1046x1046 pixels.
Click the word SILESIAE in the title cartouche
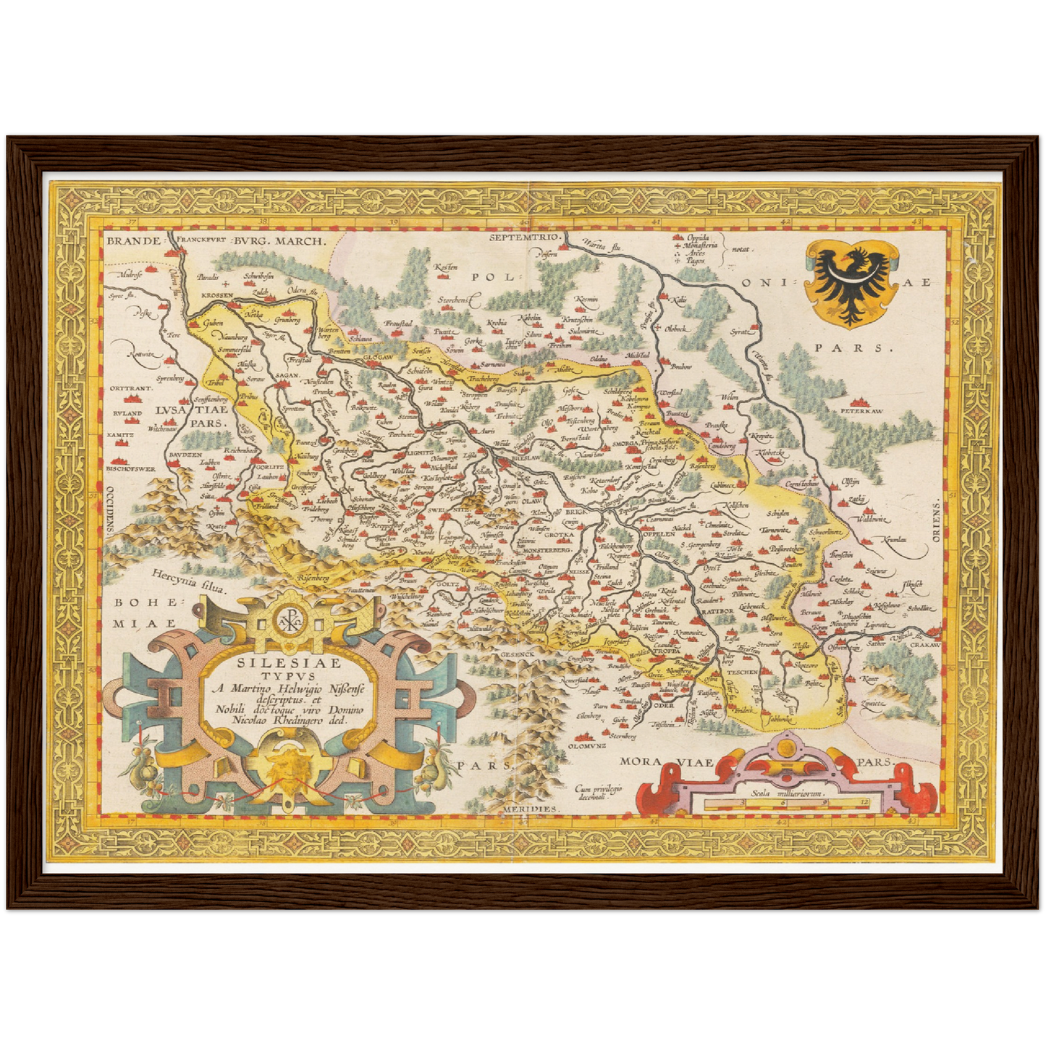click(284, 661)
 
